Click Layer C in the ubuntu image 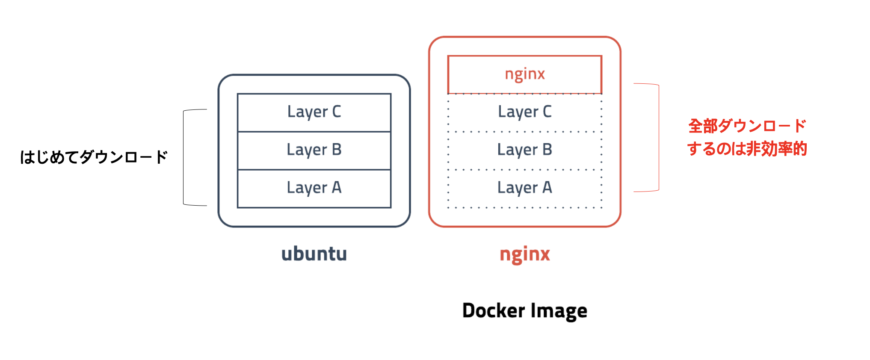314,112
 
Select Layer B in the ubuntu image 314,150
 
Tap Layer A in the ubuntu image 314,188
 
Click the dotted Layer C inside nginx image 524,112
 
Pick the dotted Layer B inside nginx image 524,150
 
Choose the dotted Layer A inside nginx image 524,188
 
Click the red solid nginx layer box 524,74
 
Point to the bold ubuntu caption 314,254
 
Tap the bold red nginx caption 524,254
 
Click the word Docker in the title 493,310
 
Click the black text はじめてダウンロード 94,157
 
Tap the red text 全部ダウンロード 747,126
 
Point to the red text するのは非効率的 747,149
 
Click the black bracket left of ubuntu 184,157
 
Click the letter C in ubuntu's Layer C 337,112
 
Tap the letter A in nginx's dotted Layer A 547,187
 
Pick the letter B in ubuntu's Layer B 337,150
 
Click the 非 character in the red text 754,149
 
